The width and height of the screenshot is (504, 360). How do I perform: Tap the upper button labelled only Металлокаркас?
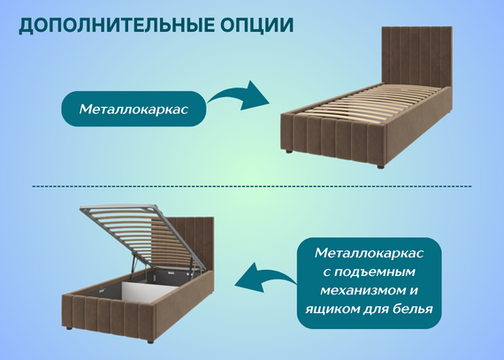[134, 109]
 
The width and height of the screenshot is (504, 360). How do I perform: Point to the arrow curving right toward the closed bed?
[240, 96]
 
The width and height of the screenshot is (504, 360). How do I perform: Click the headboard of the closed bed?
[416, 57]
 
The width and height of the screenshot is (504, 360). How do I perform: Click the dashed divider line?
[252, 186]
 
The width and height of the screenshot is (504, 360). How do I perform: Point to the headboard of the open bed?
[193, 244]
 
